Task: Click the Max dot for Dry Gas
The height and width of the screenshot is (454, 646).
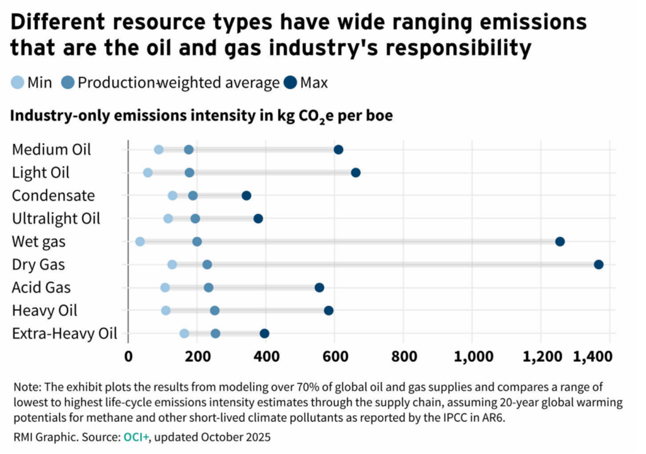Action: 599,264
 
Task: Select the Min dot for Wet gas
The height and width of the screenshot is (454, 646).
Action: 140,242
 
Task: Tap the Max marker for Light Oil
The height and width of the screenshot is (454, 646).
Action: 356,173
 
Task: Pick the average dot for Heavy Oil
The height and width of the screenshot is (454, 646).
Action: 214,310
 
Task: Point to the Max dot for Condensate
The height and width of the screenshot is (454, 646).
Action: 247,195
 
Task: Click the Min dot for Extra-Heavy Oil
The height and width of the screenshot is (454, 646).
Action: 184,334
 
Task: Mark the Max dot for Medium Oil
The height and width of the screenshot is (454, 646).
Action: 338,149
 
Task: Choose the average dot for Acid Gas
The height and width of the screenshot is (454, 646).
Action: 209,288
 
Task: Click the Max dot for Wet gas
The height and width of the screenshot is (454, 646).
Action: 560,242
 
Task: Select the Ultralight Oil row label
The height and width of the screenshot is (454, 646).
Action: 56,218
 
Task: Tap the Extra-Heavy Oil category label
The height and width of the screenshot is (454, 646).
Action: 64,334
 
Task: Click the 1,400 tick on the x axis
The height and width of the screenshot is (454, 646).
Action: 592,356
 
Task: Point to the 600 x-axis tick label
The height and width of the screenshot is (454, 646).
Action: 334,356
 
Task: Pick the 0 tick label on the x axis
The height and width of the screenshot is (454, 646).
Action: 128,356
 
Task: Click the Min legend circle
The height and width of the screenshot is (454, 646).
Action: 18,82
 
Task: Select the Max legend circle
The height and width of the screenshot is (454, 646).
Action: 291,82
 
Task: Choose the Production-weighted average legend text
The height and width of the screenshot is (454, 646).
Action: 179,82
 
